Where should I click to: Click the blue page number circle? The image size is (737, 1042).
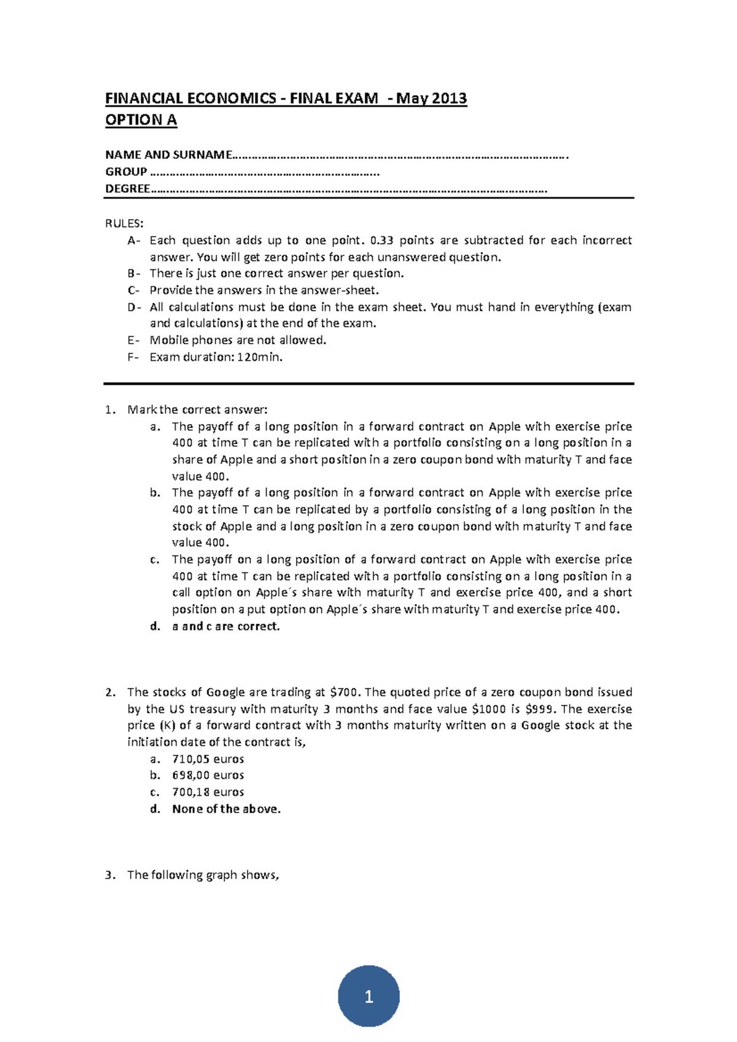tap(368, 996)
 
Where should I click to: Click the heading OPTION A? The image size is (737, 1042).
tap(141, 120)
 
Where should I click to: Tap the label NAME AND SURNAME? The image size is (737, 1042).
tap(168, 155)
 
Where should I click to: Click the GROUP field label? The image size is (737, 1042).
tap(126, 172)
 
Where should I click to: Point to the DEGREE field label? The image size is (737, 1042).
tap(127, 189)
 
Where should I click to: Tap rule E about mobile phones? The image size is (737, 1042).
tap(238, 340)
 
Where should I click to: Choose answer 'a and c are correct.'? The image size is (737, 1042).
tap(225, 627)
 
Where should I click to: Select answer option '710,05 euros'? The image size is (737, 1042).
tap(208, 759)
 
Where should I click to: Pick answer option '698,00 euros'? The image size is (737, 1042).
tap(208, 776)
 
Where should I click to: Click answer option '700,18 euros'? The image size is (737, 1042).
tap(208, 792)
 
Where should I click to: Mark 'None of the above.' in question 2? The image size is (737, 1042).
tap(226, 809)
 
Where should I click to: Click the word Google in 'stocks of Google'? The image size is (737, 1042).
tap(225, 692)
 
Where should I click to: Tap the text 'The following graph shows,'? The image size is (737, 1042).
tap(203, 875)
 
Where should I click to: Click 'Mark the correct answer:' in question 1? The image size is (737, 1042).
tap(197, 410)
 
